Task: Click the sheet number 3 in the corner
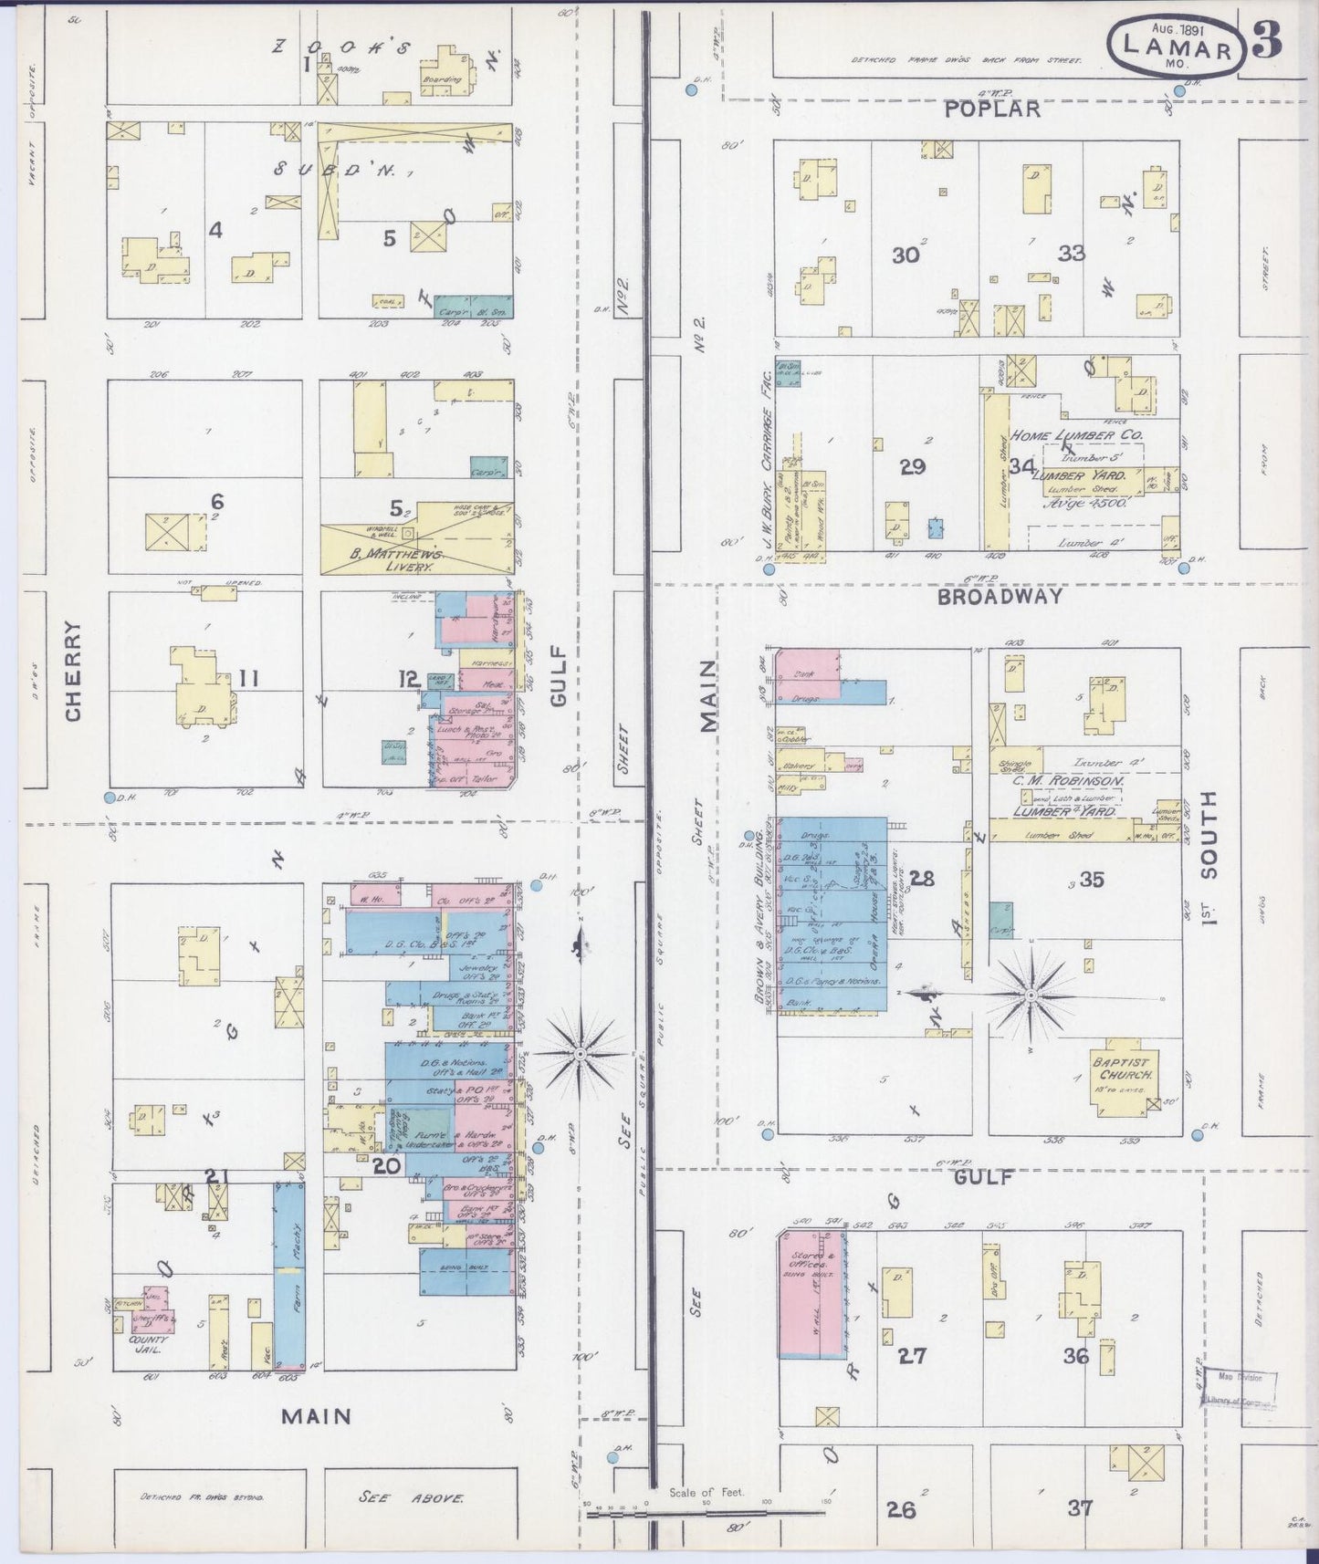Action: point(1267,39)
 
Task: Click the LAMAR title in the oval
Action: point(1177,47)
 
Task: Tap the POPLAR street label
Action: point(992,109)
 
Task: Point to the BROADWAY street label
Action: point(999,596)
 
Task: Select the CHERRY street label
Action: point(73,671)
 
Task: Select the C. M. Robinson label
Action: point(1066,781)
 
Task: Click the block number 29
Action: point(912,467)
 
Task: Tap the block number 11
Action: point(248,678)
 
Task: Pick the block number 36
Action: point(1075,1356)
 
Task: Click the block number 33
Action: point(1072,254)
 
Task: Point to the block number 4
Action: point(215,230)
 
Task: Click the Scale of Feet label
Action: point(706,1492)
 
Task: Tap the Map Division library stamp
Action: point(1240,1390)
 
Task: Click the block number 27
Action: point(912,1356)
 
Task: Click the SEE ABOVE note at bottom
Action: point(401,1497)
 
